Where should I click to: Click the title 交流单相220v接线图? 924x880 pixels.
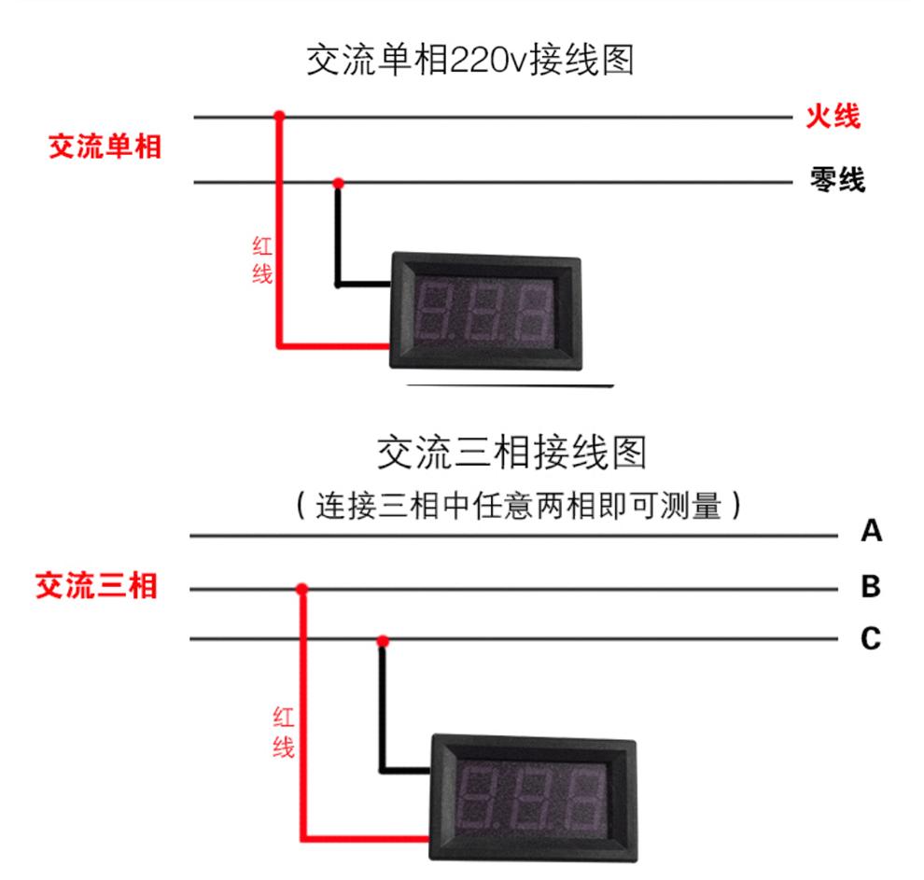click(x=470, y=61)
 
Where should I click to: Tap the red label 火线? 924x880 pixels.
click(x=833, y=118)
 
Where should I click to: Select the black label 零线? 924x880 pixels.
click(x=836, y=180)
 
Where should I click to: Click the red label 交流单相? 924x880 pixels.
click(x=105, y=147)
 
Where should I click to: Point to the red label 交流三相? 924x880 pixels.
click(x=96, y=587)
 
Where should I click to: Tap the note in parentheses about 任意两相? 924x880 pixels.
click(x=518, y=506)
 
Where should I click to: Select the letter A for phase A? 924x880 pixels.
click(x=871, y=532)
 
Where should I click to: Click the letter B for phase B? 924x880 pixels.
click(x=871, y=587)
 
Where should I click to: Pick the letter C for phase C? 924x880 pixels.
click(x=871, y=639)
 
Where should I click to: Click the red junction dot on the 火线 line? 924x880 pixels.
click(x=278, y=118)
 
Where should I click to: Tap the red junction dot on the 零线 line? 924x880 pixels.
click(x=339, y=182)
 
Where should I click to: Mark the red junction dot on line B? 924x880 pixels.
click(x=301, y=589)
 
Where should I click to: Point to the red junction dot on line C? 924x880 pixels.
click(x=382, y=640)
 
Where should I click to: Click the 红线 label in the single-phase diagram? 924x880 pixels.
click(x=262, y=260)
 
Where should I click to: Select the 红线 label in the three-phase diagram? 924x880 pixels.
click(x=284, y=732)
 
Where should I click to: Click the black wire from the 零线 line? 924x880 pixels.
click(x=338, y=238)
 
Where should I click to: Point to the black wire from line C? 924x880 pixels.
click(x=381, y=709)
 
